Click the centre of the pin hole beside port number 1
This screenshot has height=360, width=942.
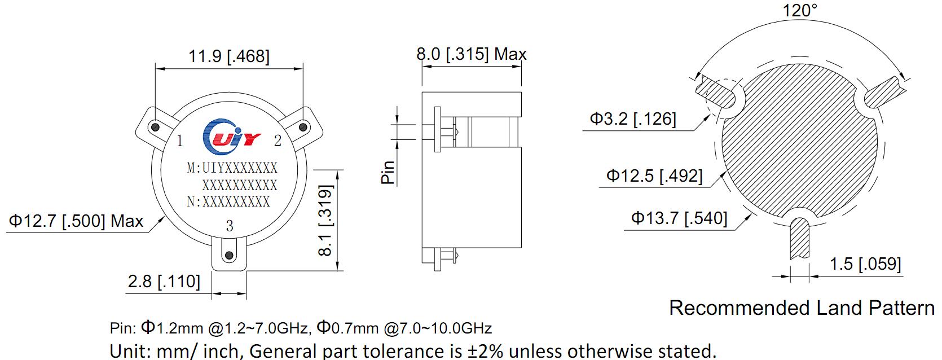[155, 127]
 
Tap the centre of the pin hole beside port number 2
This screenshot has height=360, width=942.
[303, 127]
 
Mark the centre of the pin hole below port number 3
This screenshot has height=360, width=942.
[229, 255]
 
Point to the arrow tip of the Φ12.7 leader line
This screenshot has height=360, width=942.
[165, 216]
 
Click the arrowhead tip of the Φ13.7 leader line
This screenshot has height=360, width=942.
[751, 215]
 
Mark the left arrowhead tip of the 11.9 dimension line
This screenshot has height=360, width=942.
[156, 68]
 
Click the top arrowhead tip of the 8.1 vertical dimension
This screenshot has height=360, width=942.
[337, 170]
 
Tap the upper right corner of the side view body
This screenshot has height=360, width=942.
[521, 92]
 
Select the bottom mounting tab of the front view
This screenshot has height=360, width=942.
[229, 255]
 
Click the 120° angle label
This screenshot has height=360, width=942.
[799, 11]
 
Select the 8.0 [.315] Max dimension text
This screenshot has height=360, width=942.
[472, 54]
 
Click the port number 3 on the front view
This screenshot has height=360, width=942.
[230, 226]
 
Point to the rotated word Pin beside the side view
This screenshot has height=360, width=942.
[388, 173]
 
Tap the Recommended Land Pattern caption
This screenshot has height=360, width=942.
[802, 308]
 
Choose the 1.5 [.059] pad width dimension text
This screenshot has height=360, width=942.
[865, 264]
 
